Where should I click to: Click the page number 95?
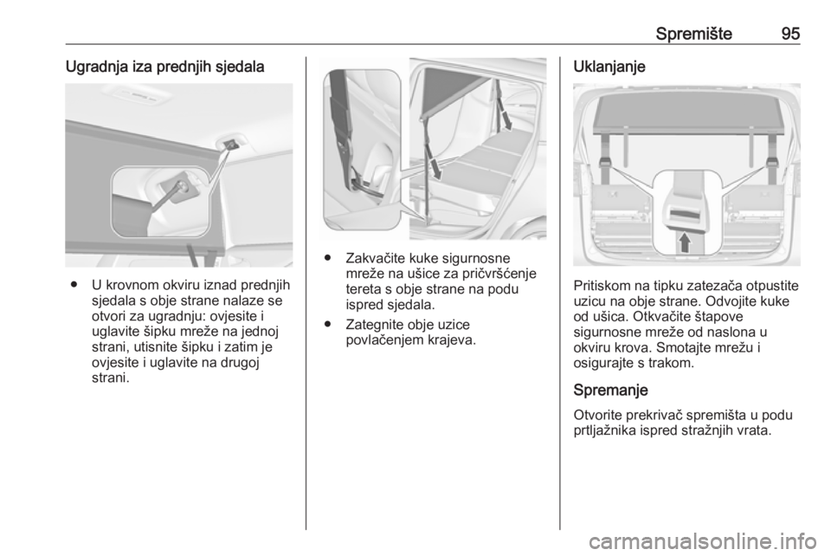[789, 34]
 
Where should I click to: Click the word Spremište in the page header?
[693, 34]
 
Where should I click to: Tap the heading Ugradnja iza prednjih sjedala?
[164, 68]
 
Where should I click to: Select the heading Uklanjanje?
[609, 68]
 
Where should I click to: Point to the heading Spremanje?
[610, 390]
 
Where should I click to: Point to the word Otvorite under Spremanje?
[597, 415]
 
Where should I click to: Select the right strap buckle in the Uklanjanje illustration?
[771, 161]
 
